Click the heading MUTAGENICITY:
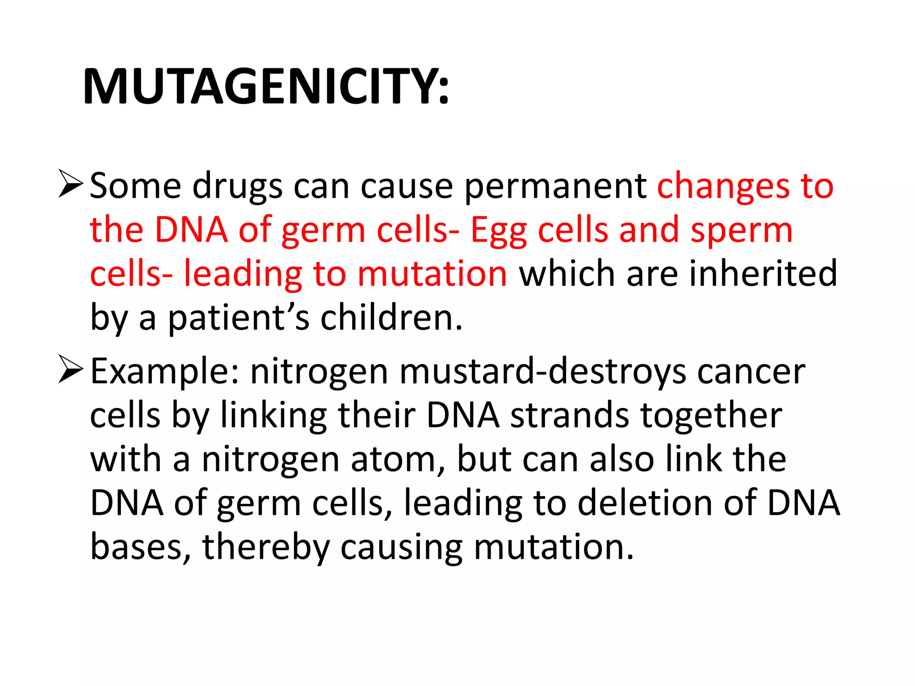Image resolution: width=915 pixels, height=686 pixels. tap(265, 86)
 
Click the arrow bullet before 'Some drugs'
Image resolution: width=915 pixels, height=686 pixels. tap(71, 184)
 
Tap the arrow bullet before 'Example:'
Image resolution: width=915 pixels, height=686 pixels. tap(71, 369)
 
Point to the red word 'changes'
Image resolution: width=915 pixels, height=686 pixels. tap(723, 186)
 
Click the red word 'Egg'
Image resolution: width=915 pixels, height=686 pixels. tap(499, 230)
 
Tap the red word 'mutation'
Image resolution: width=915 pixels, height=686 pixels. tap(432, 273)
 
